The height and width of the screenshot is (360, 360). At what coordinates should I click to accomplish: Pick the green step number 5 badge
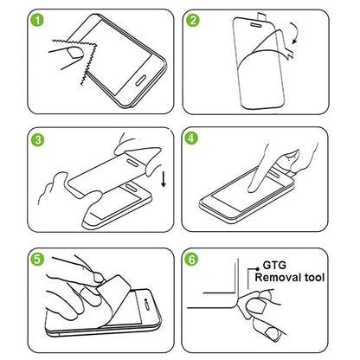coord(13,258)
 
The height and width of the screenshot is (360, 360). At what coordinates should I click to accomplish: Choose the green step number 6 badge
coord(194,258)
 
